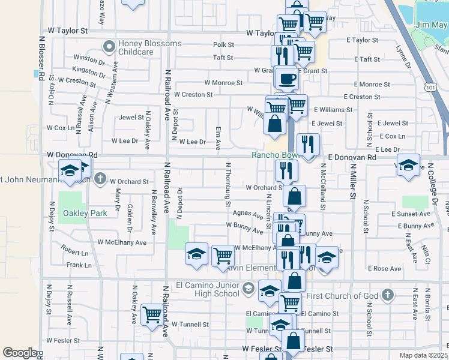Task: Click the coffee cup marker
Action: point(288,78)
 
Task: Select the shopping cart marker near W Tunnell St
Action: point(151,313)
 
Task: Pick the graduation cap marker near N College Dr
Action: point(408,164)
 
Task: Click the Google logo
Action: point(20,353)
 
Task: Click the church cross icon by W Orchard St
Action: point(100,179)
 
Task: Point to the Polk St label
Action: point(223,44)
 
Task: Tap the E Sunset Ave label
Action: point(411,214)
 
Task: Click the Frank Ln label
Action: point(79,265)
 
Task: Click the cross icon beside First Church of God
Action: point(388,295)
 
